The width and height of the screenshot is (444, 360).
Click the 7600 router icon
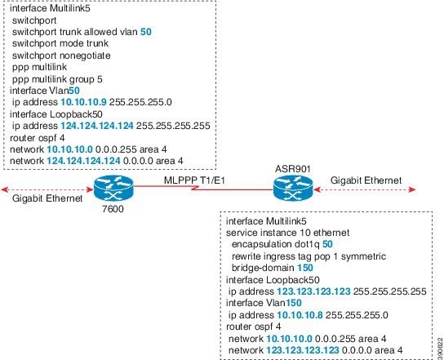[113, 188]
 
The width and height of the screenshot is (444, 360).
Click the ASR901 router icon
[293, 188]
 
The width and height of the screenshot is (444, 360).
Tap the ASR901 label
[293, 169]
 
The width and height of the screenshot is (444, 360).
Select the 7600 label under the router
[113, 209]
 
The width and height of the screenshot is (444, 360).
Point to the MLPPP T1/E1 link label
[194, 180]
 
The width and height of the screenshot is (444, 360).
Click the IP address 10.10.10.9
[83, 102]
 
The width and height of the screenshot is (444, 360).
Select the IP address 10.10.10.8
[300, 315]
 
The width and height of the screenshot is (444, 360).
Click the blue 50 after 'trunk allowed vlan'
[146, 32]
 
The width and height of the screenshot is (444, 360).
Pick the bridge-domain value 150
[305, 268]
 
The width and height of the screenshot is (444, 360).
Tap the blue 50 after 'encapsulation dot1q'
[327, 244]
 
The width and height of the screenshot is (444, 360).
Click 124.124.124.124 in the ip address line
[97, 126]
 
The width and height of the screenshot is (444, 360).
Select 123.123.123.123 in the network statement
[303, 350]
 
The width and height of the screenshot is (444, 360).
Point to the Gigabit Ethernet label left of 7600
[47, 198]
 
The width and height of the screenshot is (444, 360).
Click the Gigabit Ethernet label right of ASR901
[366, 180]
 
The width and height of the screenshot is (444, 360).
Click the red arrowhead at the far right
[412, 189]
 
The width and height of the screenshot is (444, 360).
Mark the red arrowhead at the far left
[5, 189]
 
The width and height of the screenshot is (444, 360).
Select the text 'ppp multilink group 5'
[57, 79]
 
